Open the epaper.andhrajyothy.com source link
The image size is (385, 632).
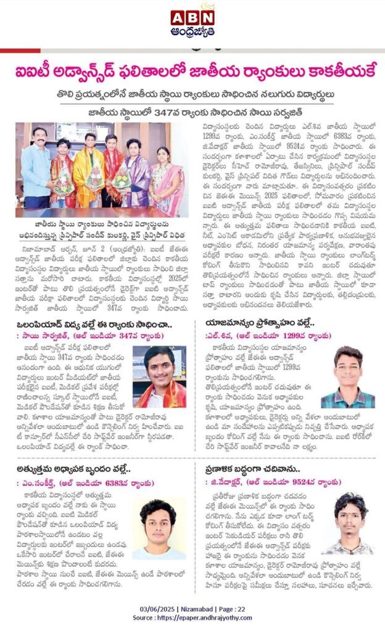[210, 618]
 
